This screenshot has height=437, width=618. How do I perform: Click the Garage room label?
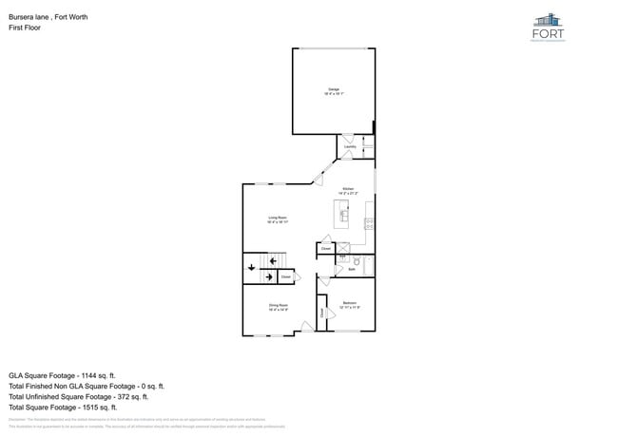click(x=334, y=89)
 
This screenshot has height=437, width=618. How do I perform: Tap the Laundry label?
click(x=350, y=147)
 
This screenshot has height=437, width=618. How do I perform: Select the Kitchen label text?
click(x=349, y=189)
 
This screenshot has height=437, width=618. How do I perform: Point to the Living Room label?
click(x=278, y=218)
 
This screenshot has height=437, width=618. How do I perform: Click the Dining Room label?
click(x=278, y=305)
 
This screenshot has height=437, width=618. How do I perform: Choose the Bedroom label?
click(x=350, y=302)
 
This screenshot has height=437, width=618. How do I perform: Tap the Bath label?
click(x=351, y=270)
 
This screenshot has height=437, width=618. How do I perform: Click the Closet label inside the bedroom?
click(x=322, y=312)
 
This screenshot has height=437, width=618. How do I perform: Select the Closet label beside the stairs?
click(x=285, y=276)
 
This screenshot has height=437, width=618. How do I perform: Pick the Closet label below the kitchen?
click(x=325, y=249)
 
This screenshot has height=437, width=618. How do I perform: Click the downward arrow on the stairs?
click(x=251, y=268)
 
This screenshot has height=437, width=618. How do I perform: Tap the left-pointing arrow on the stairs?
click(x=269, y=276)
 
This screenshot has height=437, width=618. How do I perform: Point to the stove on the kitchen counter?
click(x=370, y=224)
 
